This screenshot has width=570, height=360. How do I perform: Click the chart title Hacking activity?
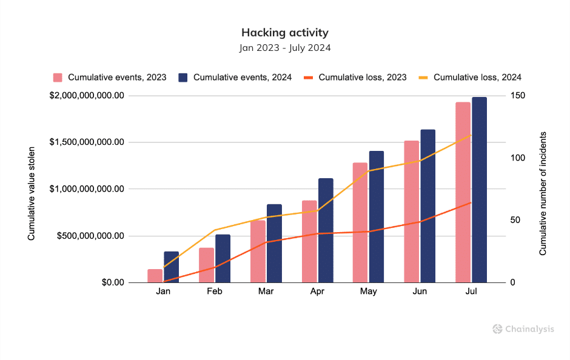tap(285, 32)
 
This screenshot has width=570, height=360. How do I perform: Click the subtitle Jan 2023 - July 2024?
tap(285, 47)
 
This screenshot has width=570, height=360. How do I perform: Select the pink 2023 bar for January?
tap(155, 276)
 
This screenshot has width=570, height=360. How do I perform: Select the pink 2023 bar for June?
tap(411, 212)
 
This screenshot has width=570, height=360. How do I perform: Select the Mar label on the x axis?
tap(266, 292)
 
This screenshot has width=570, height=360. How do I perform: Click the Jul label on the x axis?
tap(471, 292)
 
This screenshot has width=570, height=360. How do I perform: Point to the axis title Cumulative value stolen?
tap(32, 189)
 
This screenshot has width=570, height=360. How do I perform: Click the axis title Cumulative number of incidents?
tap(543, 193)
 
